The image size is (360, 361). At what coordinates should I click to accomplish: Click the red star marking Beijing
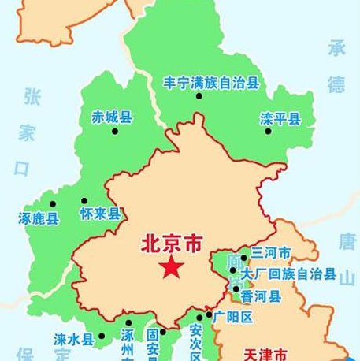[x=171, y=268]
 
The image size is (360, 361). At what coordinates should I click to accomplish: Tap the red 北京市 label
[x=171, y=244]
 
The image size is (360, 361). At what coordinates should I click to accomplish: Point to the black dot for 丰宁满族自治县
[x=199, y=96]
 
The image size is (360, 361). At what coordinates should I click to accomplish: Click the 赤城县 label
[x=111, y=117]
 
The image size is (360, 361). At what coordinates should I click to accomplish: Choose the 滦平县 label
[x=280, y=120]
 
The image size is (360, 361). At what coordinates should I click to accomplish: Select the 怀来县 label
[x=100, y=214]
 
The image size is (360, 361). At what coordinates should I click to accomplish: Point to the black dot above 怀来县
[x=84, y=200]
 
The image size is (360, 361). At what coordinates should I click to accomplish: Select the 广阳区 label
[x=234, y=317]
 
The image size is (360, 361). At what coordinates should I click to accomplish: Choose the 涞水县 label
[x=73, y=340]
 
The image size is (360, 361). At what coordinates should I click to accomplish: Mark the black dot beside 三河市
[x=244, y=258]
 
